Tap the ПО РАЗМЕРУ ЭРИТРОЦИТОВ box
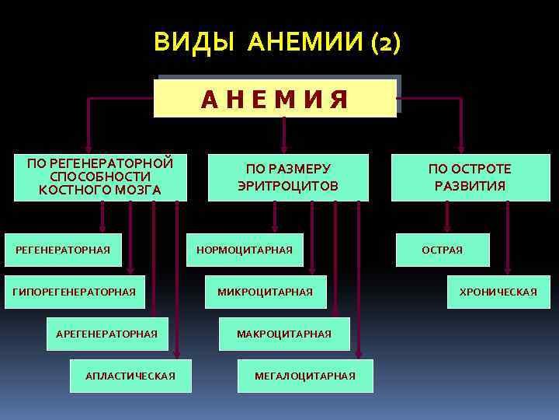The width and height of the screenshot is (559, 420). pos(288,177)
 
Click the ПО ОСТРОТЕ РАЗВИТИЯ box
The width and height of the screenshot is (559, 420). pos(470,177)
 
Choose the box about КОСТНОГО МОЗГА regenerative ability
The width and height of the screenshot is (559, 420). pos(100,177)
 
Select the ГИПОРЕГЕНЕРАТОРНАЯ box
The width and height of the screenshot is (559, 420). pos(75,292)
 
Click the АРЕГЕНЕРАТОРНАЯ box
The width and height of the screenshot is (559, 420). pos(107,334)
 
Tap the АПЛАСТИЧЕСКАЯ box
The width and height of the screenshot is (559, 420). pos(130,376)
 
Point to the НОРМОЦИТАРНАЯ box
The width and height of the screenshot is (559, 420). pos(245,250)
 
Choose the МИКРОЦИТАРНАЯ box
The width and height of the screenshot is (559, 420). pos(266,292)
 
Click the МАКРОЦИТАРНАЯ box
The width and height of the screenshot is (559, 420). pos(284,334)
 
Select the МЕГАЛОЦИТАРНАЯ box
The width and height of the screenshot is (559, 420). pos(305,376)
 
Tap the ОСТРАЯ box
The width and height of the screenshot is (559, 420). pos(443,250)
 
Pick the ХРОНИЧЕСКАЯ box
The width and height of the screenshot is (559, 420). pos(498,292)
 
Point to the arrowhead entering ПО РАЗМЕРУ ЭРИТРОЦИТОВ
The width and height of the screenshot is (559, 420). pos(284,146)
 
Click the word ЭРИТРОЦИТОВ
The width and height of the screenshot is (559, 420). pos(288,186)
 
